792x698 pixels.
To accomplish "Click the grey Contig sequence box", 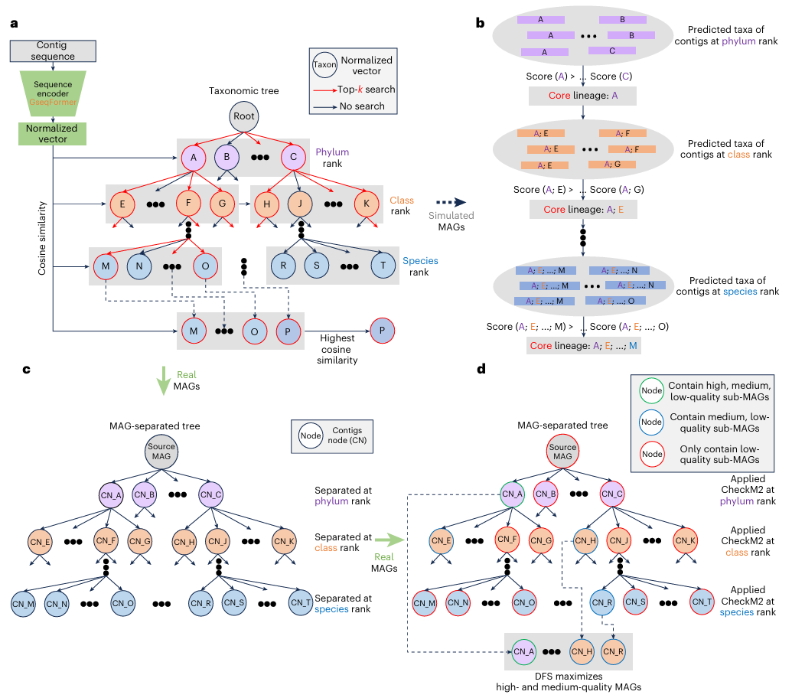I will click(52, 51).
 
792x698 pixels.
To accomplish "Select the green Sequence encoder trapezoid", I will click(52, 90).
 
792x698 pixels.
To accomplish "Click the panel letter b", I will click(480, 24).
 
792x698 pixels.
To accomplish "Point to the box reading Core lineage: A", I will click(583, 96).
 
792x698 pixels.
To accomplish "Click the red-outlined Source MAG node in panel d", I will click(562, 452).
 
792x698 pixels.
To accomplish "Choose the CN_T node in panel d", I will click(702, 602).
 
